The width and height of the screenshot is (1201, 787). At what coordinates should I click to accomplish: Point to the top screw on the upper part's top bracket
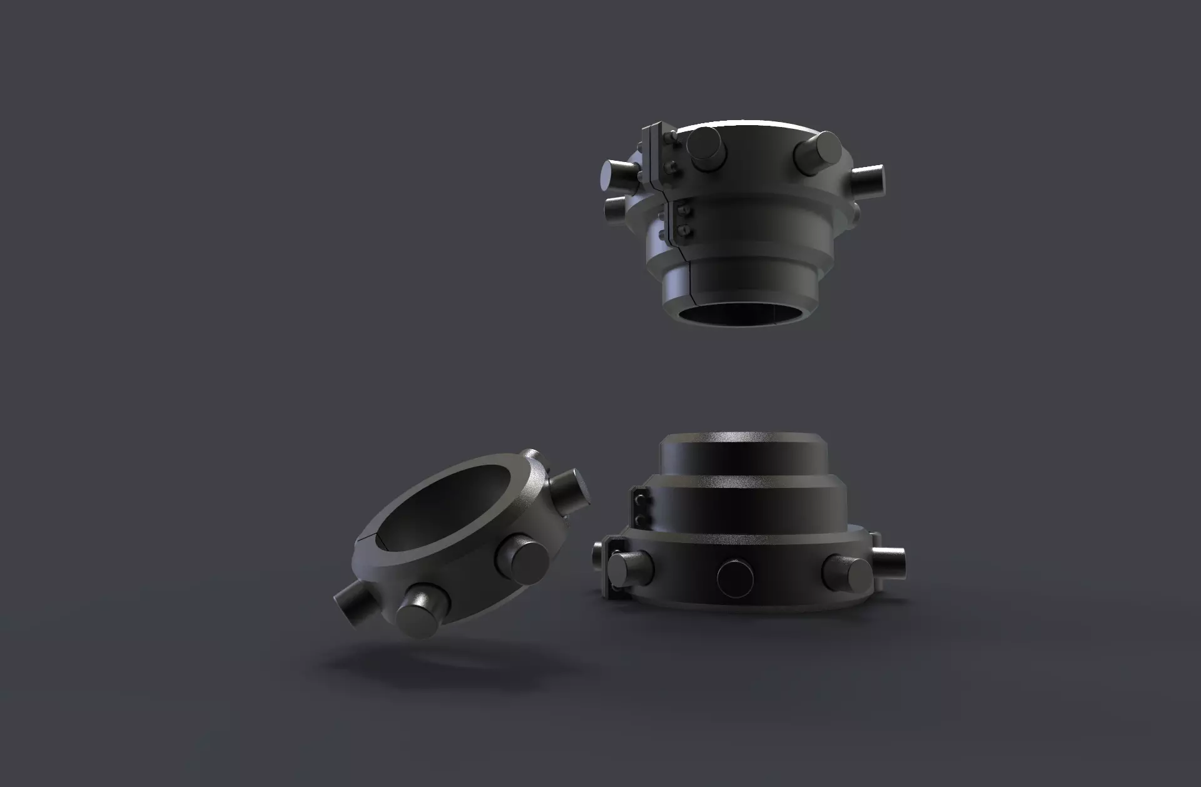(671, 136)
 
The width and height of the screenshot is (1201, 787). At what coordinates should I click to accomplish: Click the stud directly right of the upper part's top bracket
(706, 149)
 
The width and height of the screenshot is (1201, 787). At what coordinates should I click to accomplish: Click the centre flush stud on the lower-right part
(737, 577)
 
